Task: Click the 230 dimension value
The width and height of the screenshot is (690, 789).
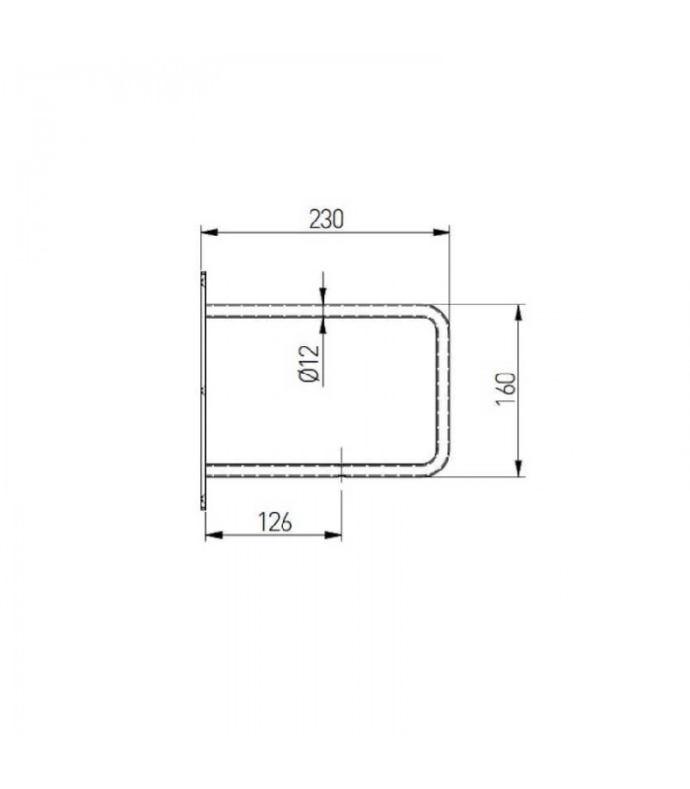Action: pyautogui.click(x=326, y=219)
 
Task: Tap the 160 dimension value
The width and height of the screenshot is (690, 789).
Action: pyautogui.click(x=506, y=389)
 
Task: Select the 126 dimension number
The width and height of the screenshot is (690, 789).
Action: pyautogui.click(x=275, y=522)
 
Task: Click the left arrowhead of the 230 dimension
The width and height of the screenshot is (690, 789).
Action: pyautogui.click(x=209, y=232)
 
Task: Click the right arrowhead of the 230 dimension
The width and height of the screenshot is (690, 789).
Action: pyautogui.click(x=441, y=232)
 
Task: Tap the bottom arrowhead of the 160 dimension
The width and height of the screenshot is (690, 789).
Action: pyautogui.click(x=519, y=467)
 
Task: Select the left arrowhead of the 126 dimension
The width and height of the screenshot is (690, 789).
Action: pyautogui.click(x=214, y=535)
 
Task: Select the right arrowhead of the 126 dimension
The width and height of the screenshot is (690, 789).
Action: pyautogui.click(x=333, y=535)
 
